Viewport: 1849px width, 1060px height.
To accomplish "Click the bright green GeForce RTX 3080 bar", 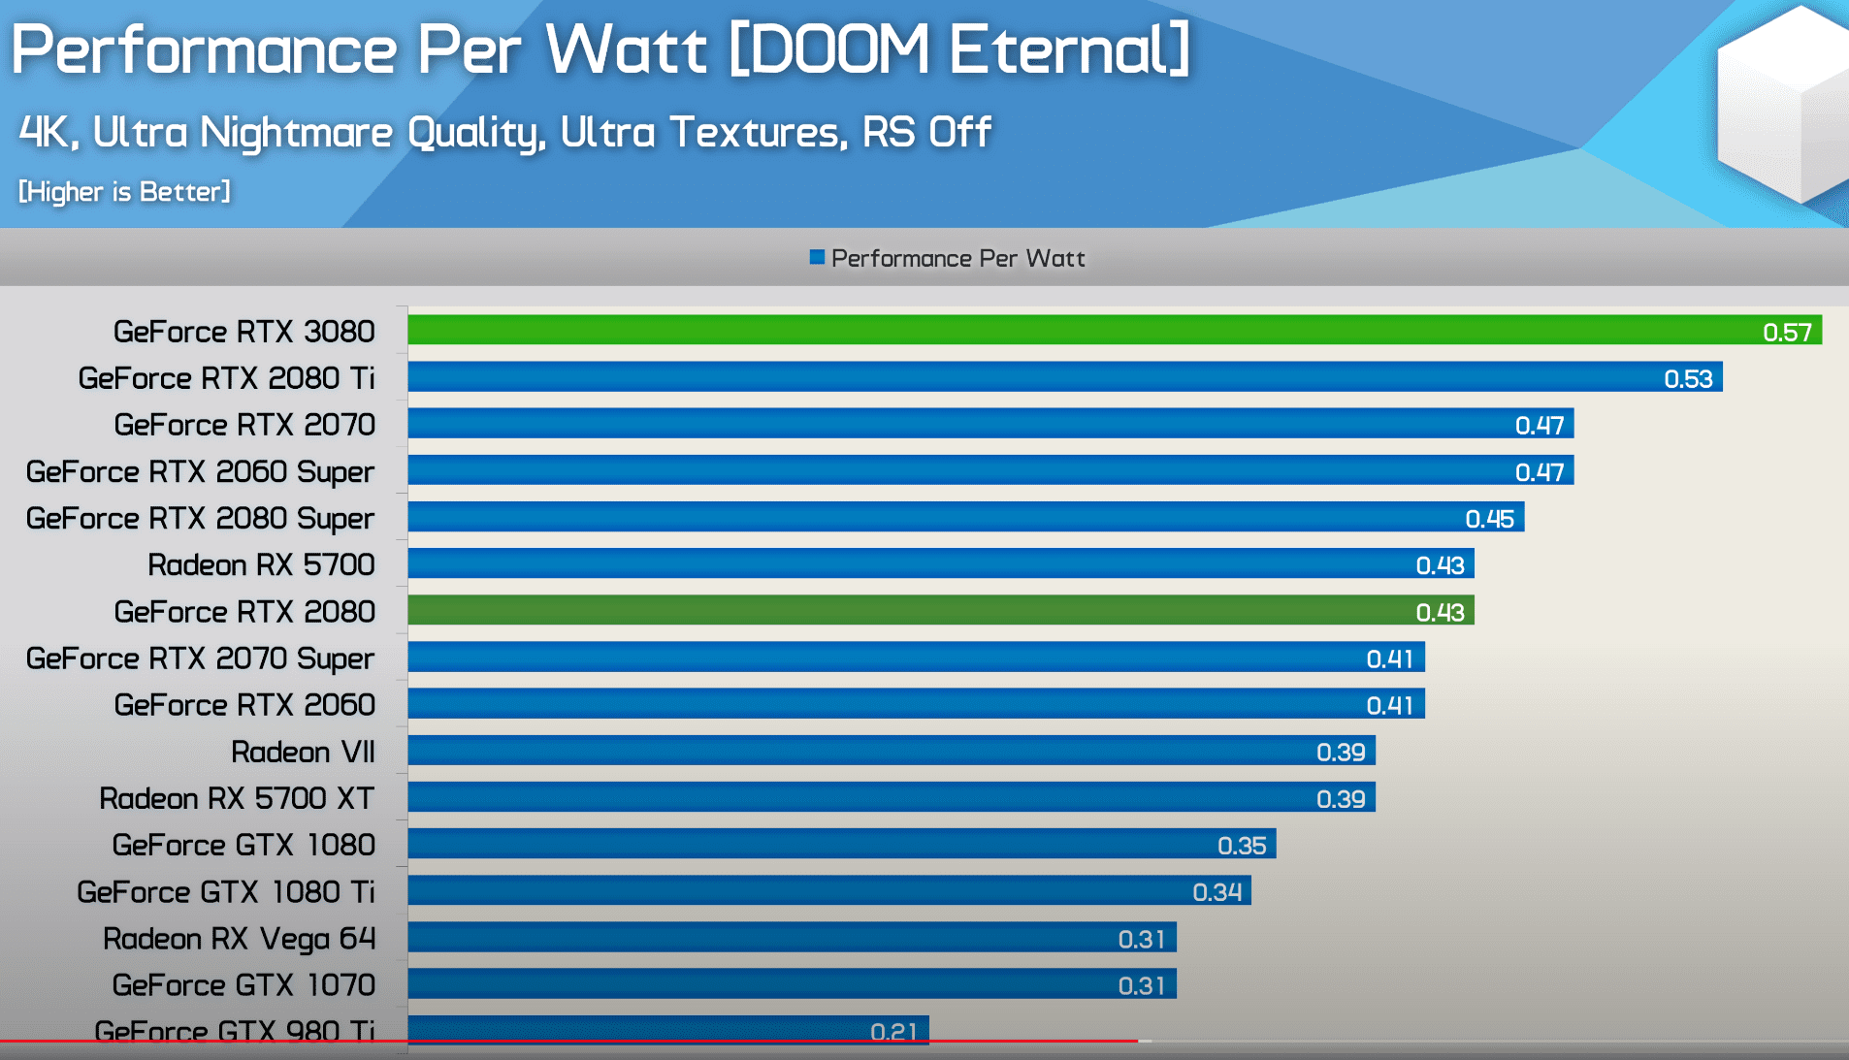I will pos(1067,330).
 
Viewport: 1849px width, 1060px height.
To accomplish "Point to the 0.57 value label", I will pos(1787,333).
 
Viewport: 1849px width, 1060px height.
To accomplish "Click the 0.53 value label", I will pos(1688,379).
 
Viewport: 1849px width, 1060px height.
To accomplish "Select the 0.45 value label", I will pos(1489,519).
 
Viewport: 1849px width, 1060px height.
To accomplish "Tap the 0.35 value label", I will pos(1242,846).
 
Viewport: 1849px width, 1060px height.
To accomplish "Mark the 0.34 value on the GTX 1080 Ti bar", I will pos(1216,892).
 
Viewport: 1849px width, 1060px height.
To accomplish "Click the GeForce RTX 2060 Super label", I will pos(200,472).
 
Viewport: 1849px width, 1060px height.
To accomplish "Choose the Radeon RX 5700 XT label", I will pos(237,798).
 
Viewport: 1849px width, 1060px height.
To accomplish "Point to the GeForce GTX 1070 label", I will pos(243,985).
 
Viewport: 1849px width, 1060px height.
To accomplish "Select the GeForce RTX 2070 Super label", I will pos(200,658).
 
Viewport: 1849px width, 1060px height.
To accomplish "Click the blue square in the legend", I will pos(817,257).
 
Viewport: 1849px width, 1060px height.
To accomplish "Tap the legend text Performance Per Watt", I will pos(957,258).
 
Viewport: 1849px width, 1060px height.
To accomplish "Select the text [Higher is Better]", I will pos(124,191).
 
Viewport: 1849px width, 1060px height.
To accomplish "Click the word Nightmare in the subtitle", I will pos(296,132).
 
